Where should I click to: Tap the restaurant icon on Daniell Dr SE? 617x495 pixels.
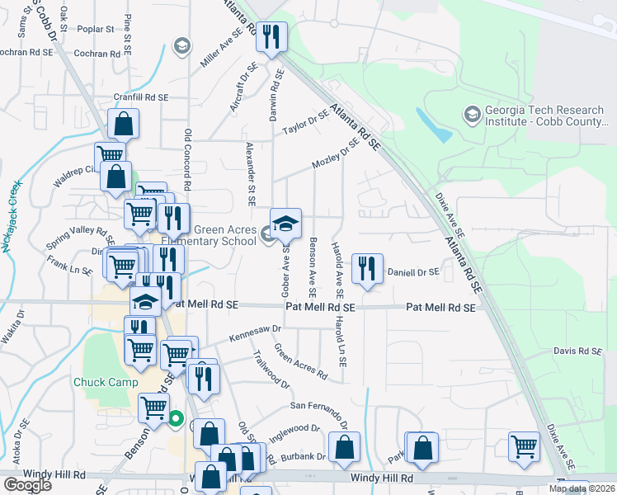tap(367, 268)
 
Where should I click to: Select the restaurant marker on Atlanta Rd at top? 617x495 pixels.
tap(271, 37)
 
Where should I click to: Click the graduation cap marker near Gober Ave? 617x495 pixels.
tap(285, 224)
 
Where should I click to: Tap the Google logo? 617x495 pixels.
tap(27, 485)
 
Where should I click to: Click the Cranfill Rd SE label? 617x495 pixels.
tap(141, 97)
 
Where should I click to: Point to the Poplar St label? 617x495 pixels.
tap(97, 29)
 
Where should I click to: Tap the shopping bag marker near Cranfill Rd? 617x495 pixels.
tap(122, 125)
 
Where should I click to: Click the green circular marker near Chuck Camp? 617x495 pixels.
tap(176, 419)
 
